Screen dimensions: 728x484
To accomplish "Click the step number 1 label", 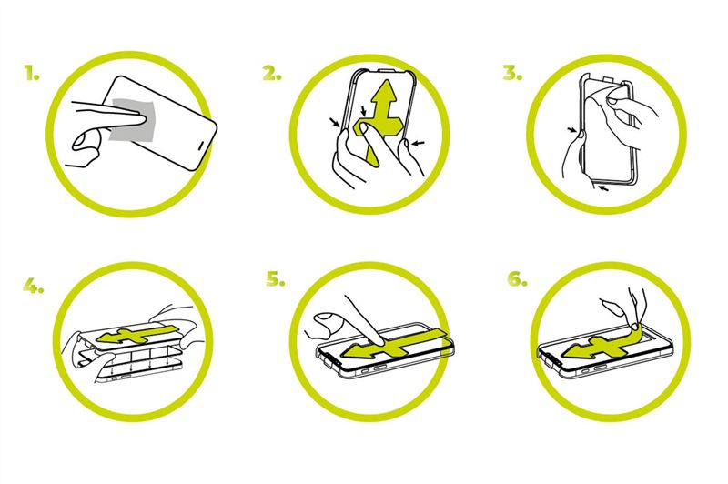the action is [x=32, y=73].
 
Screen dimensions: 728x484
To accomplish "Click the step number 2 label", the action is [x=272, y=73].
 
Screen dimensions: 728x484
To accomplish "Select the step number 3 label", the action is [x=512, y=73].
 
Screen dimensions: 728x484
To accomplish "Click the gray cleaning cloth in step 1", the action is [x=130, y=120].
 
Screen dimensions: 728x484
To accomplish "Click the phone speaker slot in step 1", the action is [x=202, y=146].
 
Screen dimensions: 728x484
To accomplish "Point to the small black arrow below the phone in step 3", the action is [x=603, y=188].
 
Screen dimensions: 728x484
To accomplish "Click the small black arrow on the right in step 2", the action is [x=419, y=144].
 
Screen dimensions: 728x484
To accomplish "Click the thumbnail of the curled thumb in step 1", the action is [x=82, y=140].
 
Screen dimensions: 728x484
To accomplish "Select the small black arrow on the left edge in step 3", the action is [x=572, y=130].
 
